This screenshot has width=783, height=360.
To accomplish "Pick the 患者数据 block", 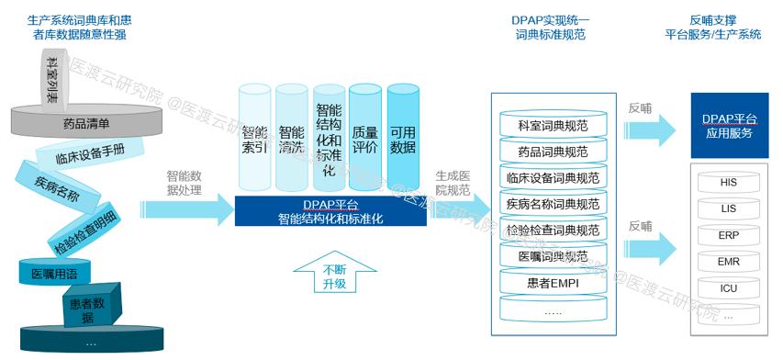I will pos(88,309).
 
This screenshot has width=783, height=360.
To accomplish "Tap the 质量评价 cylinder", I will pos(364,138).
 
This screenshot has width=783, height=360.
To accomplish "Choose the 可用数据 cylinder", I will pos(402,138).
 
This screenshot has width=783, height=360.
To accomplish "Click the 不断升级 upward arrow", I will pos(334,276).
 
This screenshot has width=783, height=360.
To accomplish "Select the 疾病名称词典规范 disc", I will pos(553,203).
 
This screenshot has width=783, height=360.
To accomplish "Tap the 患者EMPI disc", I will pos(553,283).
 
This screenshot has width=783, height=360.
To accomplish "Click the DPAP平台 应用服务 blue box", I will pos(728,126).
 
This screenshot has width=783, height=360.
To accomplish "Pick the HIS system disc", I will pos(728,183).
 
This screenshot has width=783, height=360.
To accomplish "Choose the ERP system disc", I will pos(728,235).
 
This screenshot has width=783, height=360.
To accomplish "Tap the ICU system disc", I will pos(728,288).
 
